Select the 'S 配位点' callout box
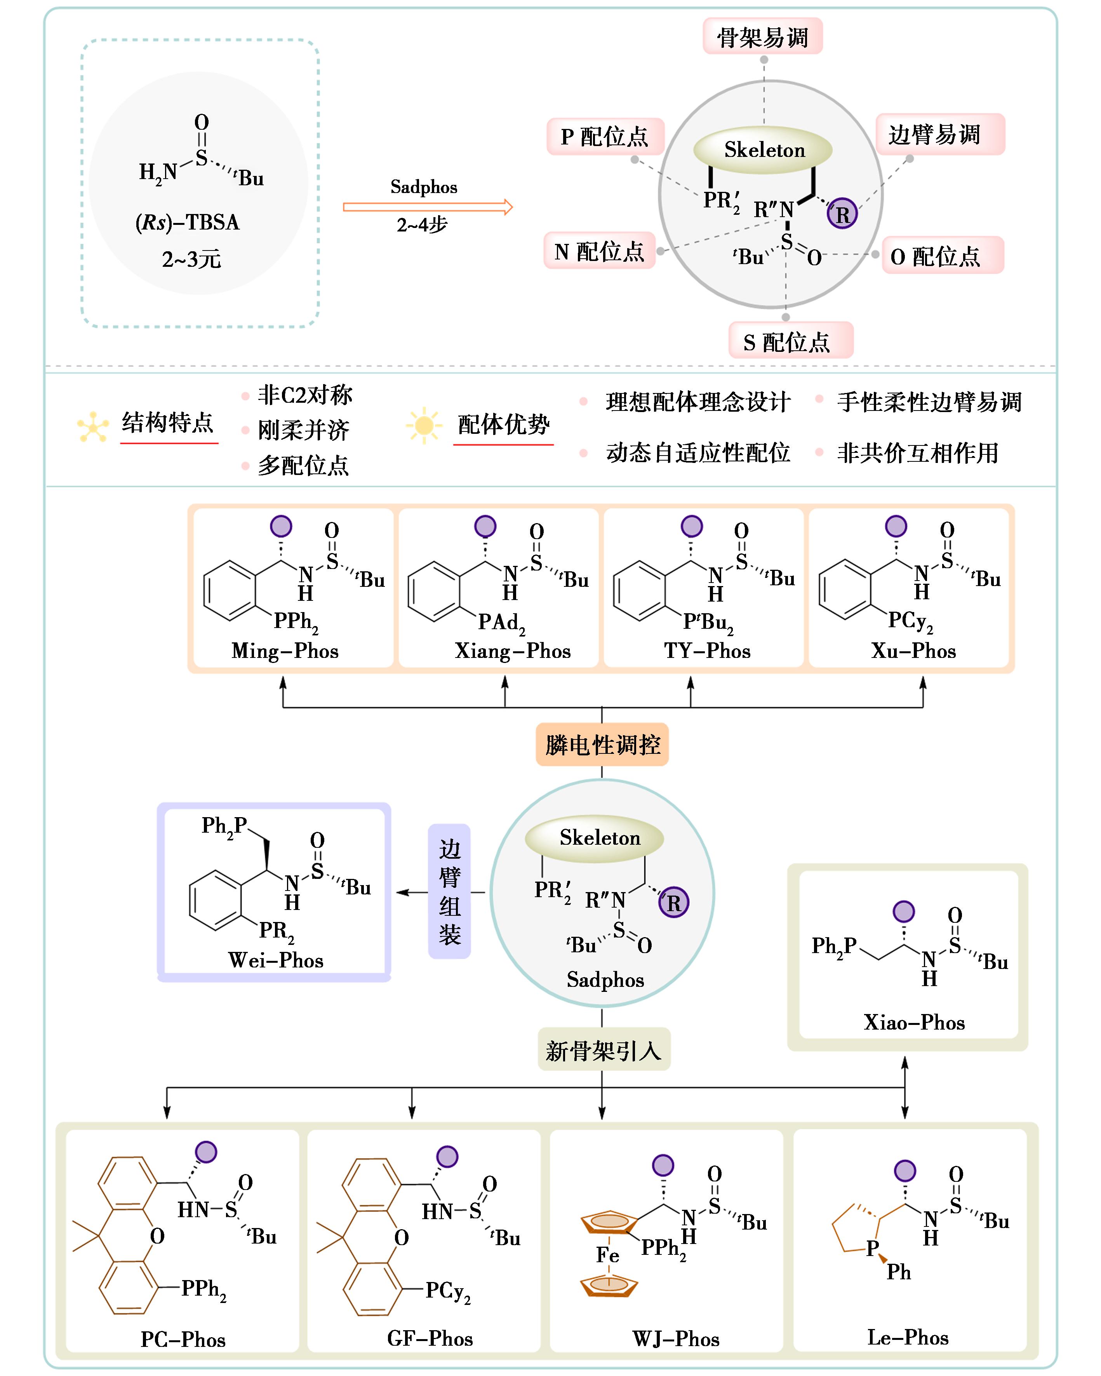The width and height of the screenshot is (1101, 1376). pos(790,341)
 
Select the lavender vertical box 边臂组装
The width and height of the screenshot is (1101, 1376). pos(449,892)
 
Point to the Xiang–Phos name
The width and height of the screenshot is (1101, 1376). pos(513,651)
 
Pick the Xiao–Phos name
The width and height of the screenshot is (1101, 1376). pos(913,1023)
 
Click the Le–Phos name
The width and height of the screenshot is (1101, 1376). pos(908,1337)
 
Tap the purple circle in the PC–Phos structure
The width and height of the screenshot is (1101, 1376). pos(205,1152)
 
